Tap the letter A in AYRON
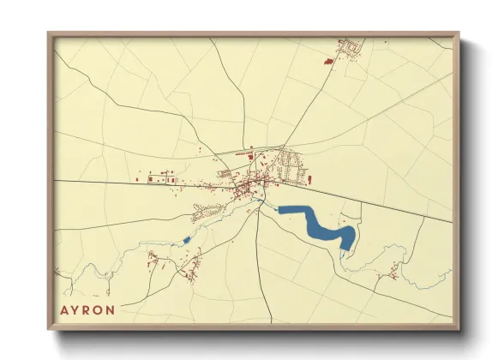pos(63,310)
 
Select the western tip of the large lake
pos(280,208)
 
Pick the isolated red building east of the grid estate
pos(310,179)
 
